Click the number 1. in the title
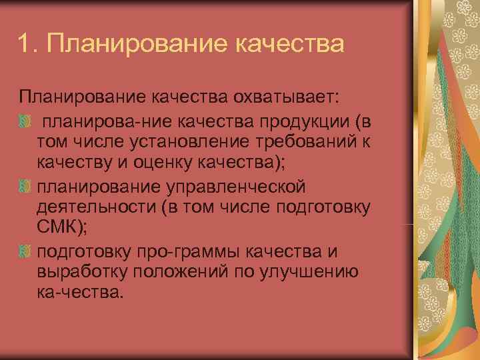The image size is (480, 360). (29, 45)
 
